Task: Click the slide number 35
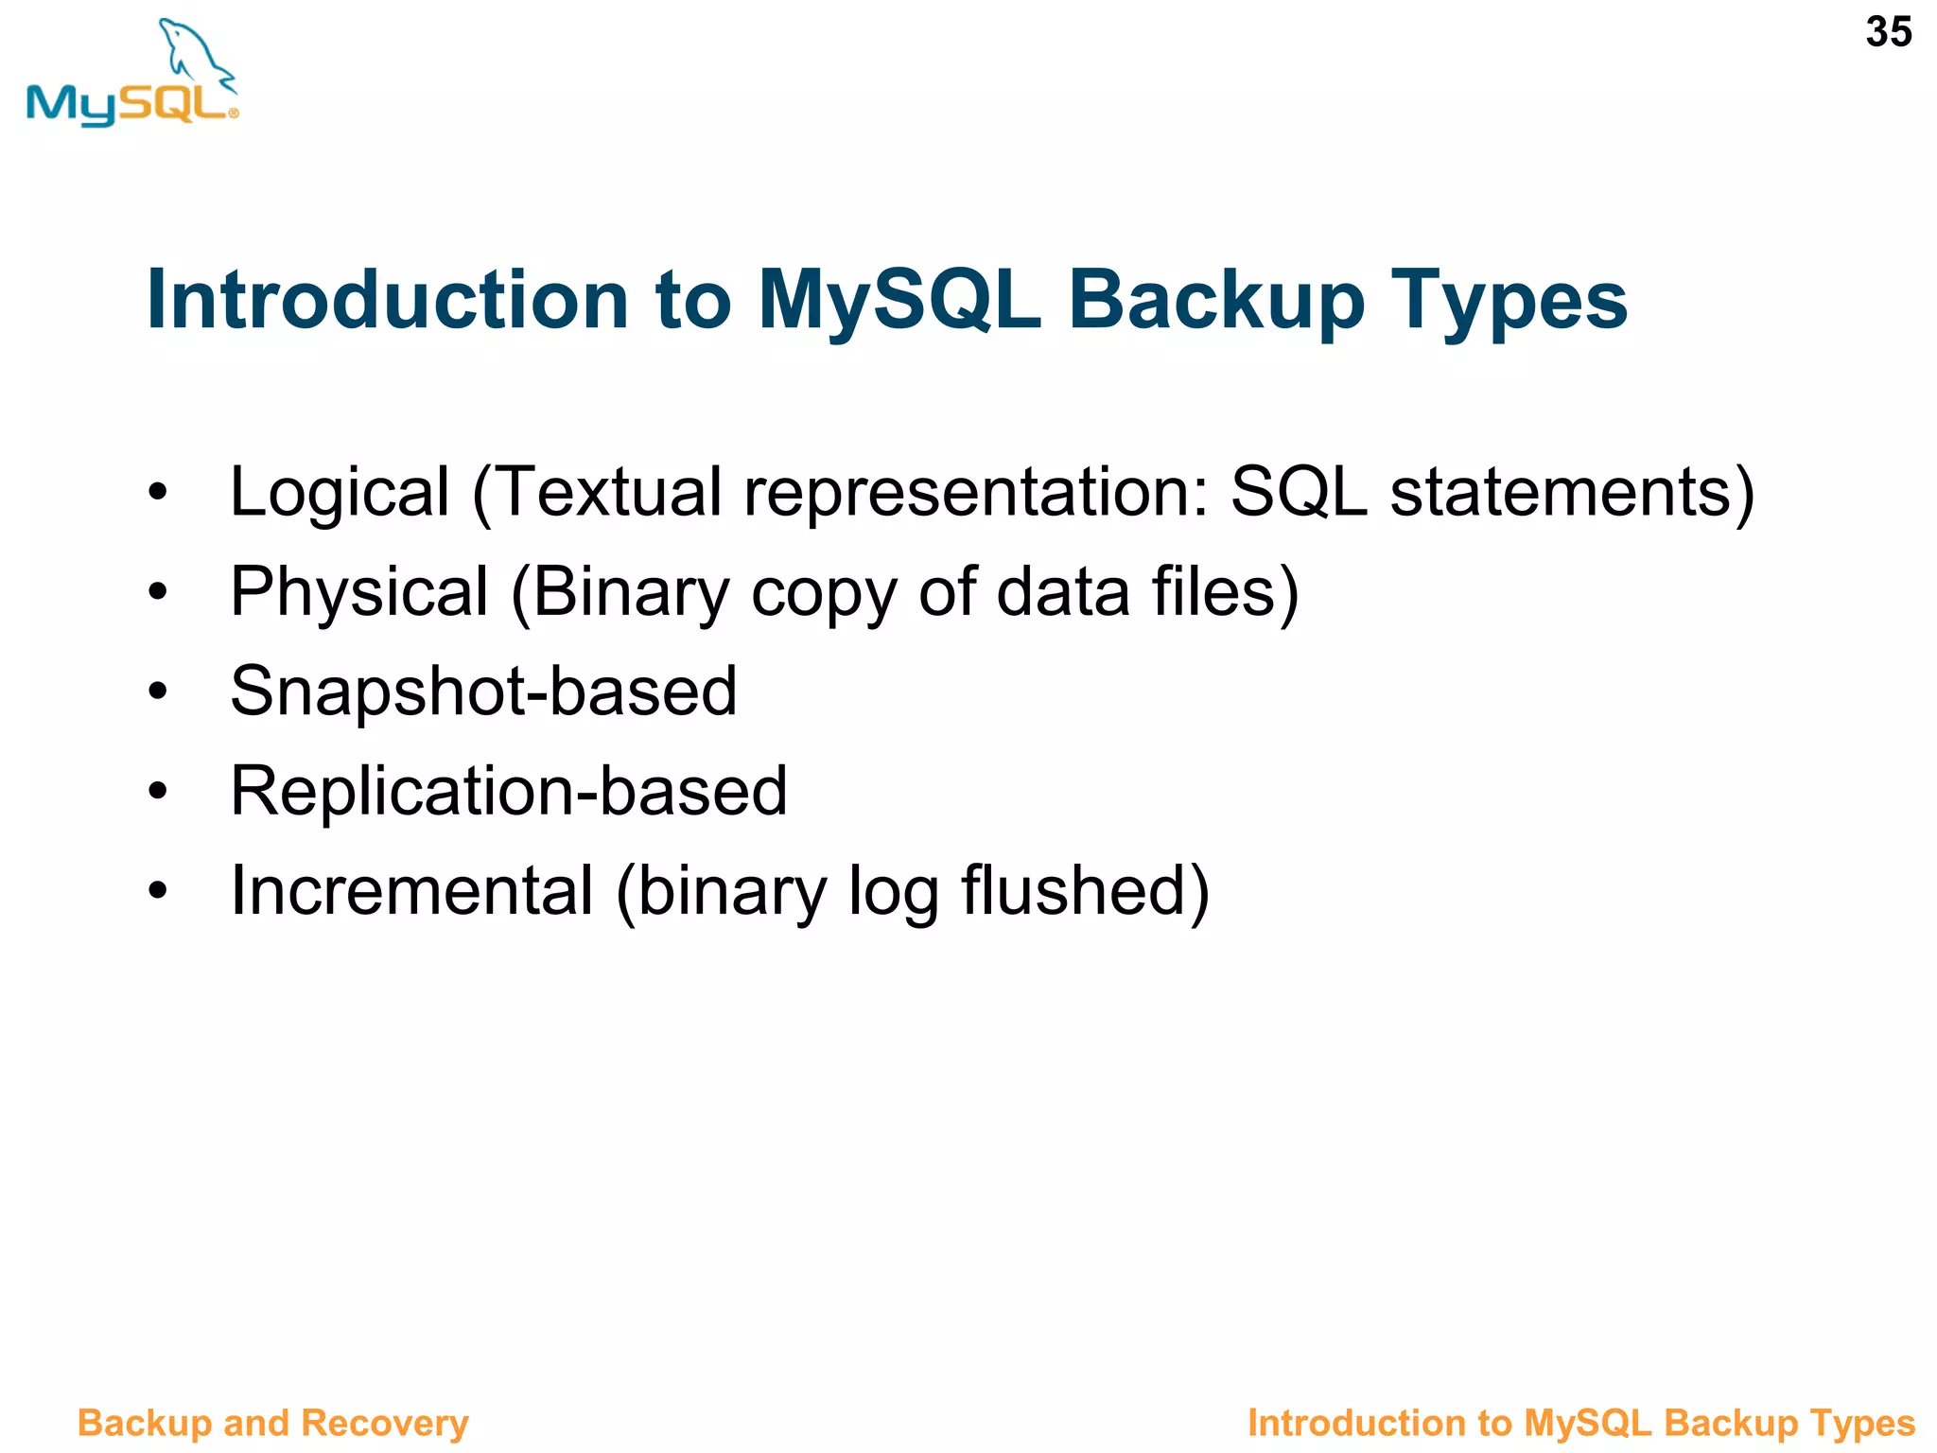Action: pyautogui.click(x=1888, y=32)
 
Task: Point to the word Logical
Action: pyautogui.click(x=340, y=493)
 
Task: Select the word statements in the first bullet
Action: pyautogui.click(x=1561, y=493)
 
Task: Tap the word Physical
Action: pyautogui.click(x=359, y=592)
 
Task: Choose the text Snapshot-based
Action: pyautogui.click(x=483, y=691)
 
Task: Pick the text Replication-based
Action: pyautogui.click(x=509, y=791)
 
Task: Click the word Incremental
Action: pyautogui.click(x=412, y=891)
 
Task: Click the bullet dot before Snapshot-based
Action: pyautogui.click(x=157, y=691)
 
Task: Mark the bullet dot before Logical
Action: pyautogui.click(x=157, y=493)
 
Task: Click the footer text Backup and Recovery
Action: pyautogui.click(x=272, y=1423)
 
